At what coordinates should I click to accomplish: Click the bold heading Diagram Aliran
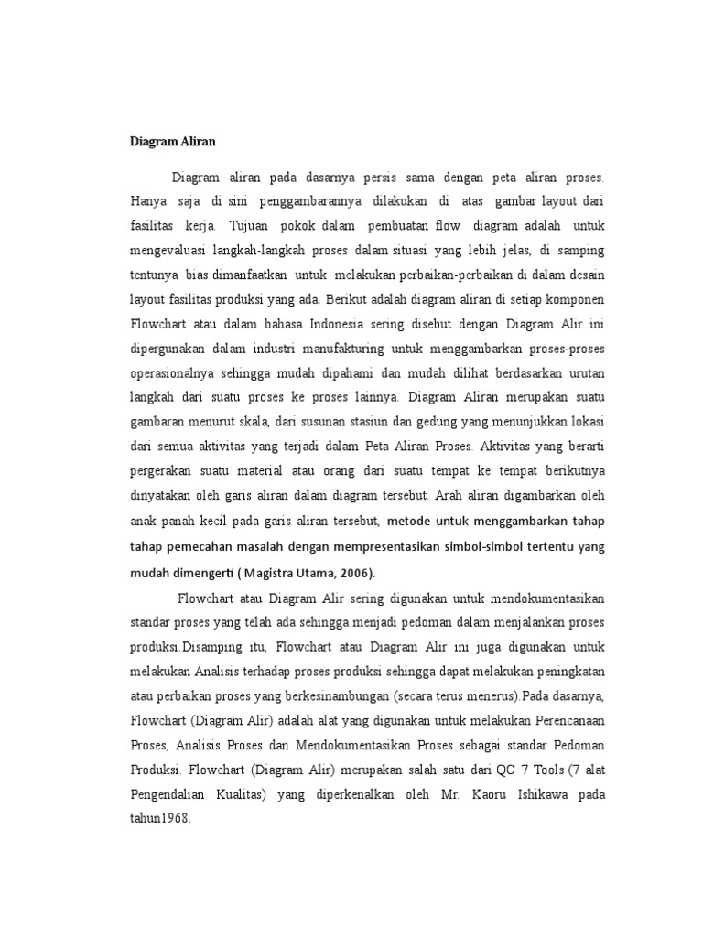pyautogui.click(x=171, y=142)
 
